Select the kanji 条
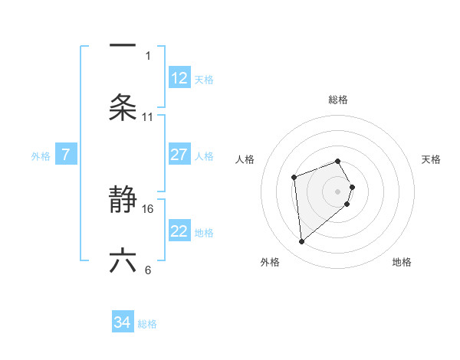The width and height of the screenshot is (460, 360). tap(123, 107)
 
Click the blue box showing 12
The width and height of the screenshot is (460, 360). tap(179, 78)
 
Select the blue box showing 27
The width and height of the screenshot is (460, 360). tap(179, 155)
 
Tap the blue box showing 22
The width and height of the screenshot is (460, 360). tap(179, 231)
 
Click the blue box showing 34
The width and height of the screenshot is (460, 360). tap(123, 322)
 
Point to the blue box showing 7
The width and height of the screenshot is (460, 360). tap(66, 155)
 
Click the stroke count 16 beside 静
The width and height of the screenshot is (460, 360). tap(148, 208)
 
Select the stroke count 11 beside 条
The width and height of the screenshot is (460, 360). tap(148, 117)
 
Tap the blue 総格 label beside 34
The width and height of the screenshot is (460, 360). tap(147, 324)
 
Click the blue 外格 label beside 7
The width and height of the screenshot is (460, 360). tap(41, 156)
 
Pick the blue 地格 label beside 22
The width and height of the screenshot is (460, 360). tap(204, 233)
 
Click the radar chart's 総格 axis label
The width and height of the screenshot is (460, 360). tap(338, 100)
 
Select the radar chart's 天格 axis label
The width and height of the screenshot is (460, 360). tap(431, 159)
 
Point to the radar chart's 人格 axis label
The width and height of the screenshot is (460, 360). tap(245, 159)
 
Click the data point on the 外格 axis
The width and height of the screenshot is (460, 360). tap(302, 242)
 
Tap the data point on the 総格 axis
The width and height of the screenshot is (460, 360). tap(338, 161)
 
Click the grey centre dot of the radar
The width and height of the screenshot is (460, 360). tap(338, 191)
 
